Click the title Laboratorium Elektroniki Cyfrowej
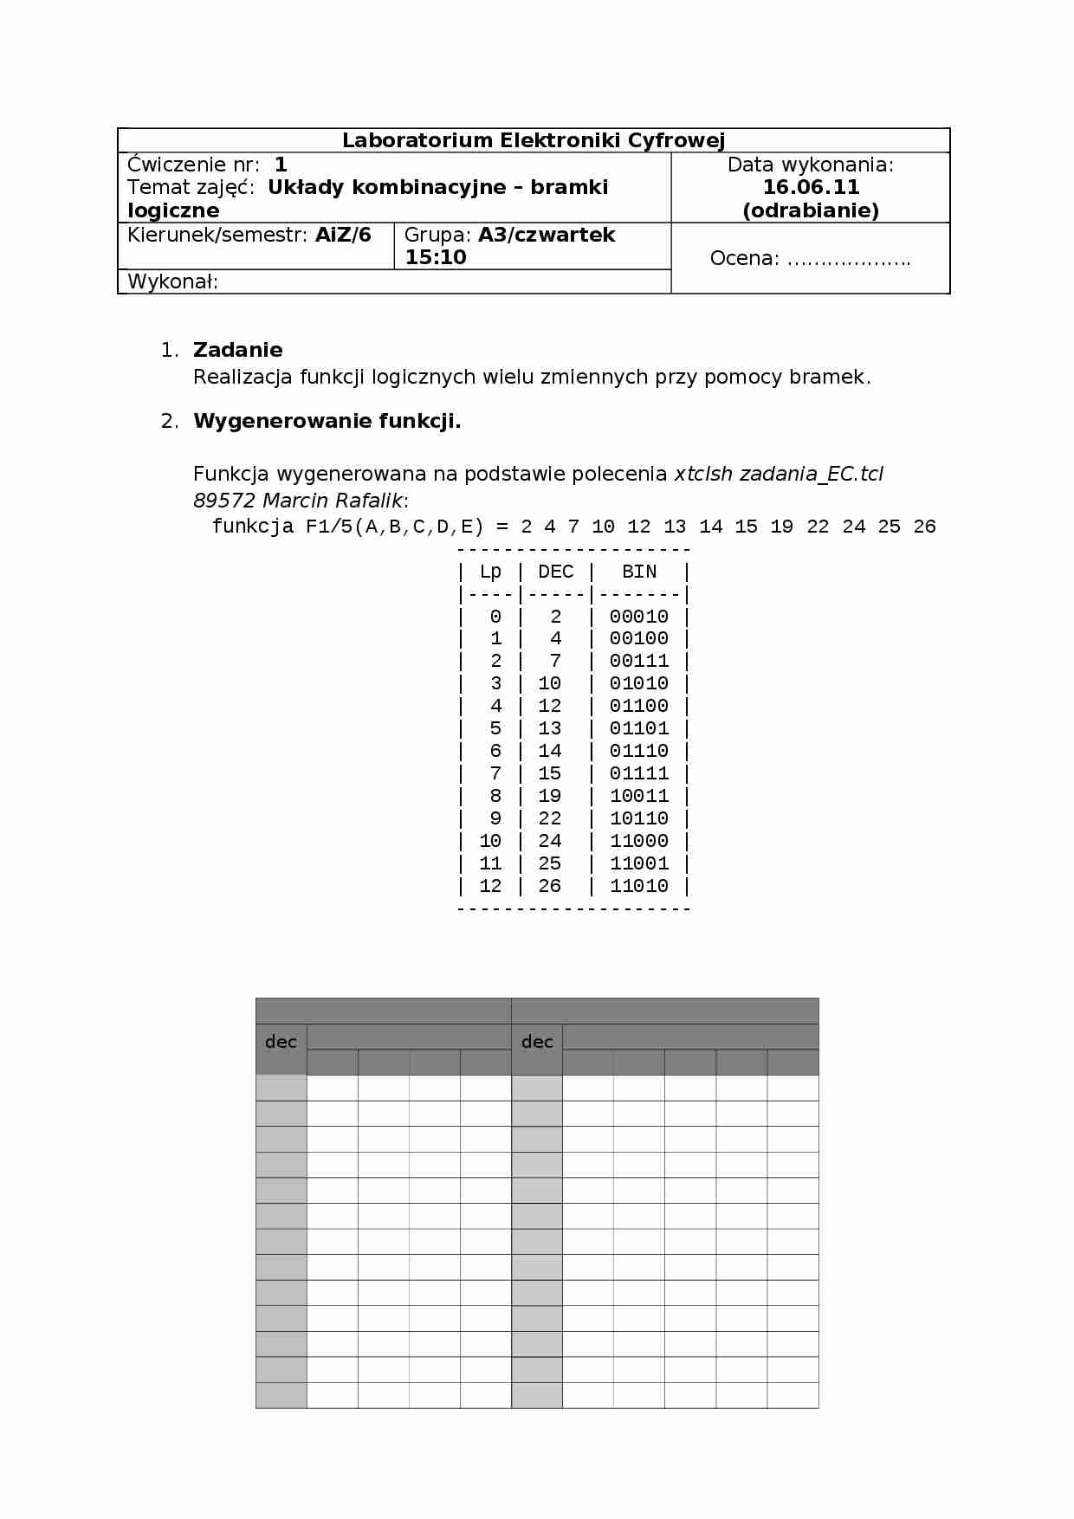pos(534,140)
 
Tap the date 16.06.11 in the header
pos(811,187)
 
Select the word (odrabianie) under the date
pos(811,210)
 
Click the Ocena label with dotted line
pos(810,258)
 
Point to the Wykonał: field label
pos(172,281)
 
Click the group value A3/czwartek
pos(547,235)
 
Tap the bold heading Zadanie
pos(238,350)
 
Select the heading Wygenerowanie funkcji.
pos(327,422)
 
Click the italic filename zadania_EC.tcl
pos(812,474)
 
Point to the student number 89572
pos(224,501)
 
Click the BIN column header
pos(639,572)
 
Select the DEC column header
pos(555,572)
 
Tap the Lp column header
pos(490,572)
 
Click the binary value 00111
pos(639,661)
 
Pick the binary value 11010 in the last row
pos(639,886)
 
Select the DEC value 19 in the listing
pos(550,796)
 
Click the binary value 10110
pos(639,818)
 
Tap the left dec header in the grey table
pos(281,1042)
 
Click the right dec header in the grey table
pos(537,1042)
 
